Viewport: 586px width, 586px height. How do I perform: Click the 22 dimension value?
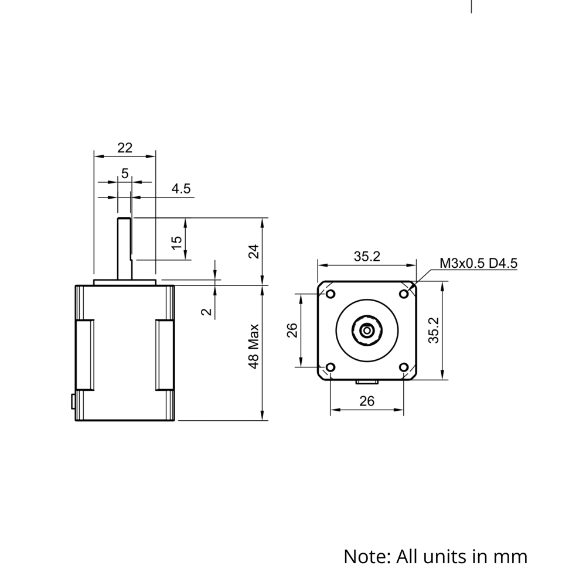click(x=125, y=148)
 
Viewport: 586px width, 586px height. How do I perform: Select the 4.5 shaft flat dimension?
click(x=180, y=189)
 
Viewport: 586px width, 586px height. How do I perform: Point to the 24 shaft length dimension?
click(x=253, y=251)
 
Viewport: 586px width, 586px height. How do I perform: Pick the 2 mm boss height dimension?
click(x=206, y=311)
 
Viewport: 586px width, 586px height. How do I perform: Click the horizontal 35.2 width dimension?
click(x=367, y=256)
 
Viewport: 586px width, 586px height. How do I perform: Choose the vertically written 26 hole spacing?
click(x=292, y=331)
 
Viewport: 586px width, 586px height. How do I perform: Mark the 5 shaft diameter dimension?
click(x=125, y=173)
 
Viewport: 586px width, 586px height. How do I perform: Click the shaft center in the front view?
click(x=367, y=331)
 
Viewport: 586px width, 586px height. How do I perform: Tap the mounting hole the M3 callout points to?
click(x=404, y=294)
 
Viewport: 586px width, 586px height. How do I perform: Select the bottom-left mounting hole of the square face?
click(x=330, y=367)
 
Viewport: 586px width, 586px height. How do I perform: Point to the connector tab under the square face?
click(x=367, y=382)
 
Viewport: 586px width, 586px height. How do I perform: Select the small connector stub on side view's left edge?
click(x=73, y=401)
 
